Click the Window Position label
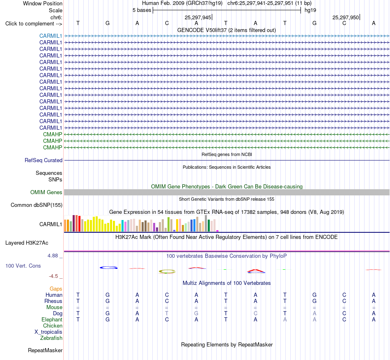[43, 3]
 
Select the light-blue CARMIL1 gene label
[50, 36]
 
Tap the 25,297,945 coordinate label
[198, 17]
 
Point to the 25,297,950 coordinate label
[346, 17]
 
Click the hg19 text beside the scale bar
[310, 10]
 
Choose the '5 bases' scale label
[142, 10]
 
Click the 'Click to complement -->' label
[34, 24]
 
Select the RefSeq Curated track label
[44, 161]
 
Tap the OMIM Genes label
[46, 192]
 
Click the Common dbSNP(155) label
[37, 205]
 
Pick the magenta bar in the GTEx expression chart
[218, 231]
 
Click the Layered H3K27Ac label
[27, 243]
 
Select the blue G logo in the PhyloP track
[109, 268]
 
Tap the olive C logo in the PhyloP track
[167, 271]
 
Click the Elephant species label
[52, 319]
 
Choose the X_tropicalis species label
[48, 332]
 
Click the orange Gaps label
[56, 289]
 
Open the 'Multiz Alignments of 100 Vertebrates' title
[227, 283]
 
